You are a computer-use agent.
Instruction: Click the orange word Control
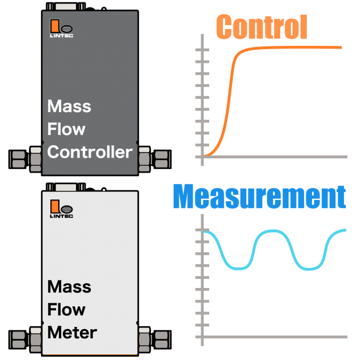pos(262,27)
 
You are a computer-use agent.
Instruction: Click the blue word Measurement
pos(259,197)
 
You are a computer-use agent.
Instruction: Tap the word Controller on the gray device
pos(90,152)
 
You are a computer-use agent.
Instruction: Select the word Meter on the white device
pos(72,332)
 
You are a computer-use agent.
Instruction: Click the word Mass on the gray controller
pos(69,106)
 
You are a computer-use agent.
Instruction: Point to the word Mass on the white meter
pos(69,286)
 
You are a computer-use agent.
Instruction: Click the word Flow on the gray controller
pos(66,129)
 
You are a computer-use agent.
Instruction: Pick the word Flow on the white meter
pos(66,309)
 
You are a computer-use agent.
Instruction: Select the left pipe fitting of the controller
pos(26,158)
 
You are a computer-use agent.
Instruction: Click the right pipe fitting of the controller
pos(154,158)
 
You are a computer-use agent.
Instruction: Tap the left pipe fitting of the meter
pos(26,338)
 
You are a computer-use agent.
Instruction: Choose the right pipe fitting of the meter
pos(154,338)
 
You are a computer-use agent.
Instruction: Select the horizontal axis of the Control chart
pos(274,157)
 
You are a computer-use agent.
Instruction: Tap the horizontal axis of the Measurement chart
pos(274,337)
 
